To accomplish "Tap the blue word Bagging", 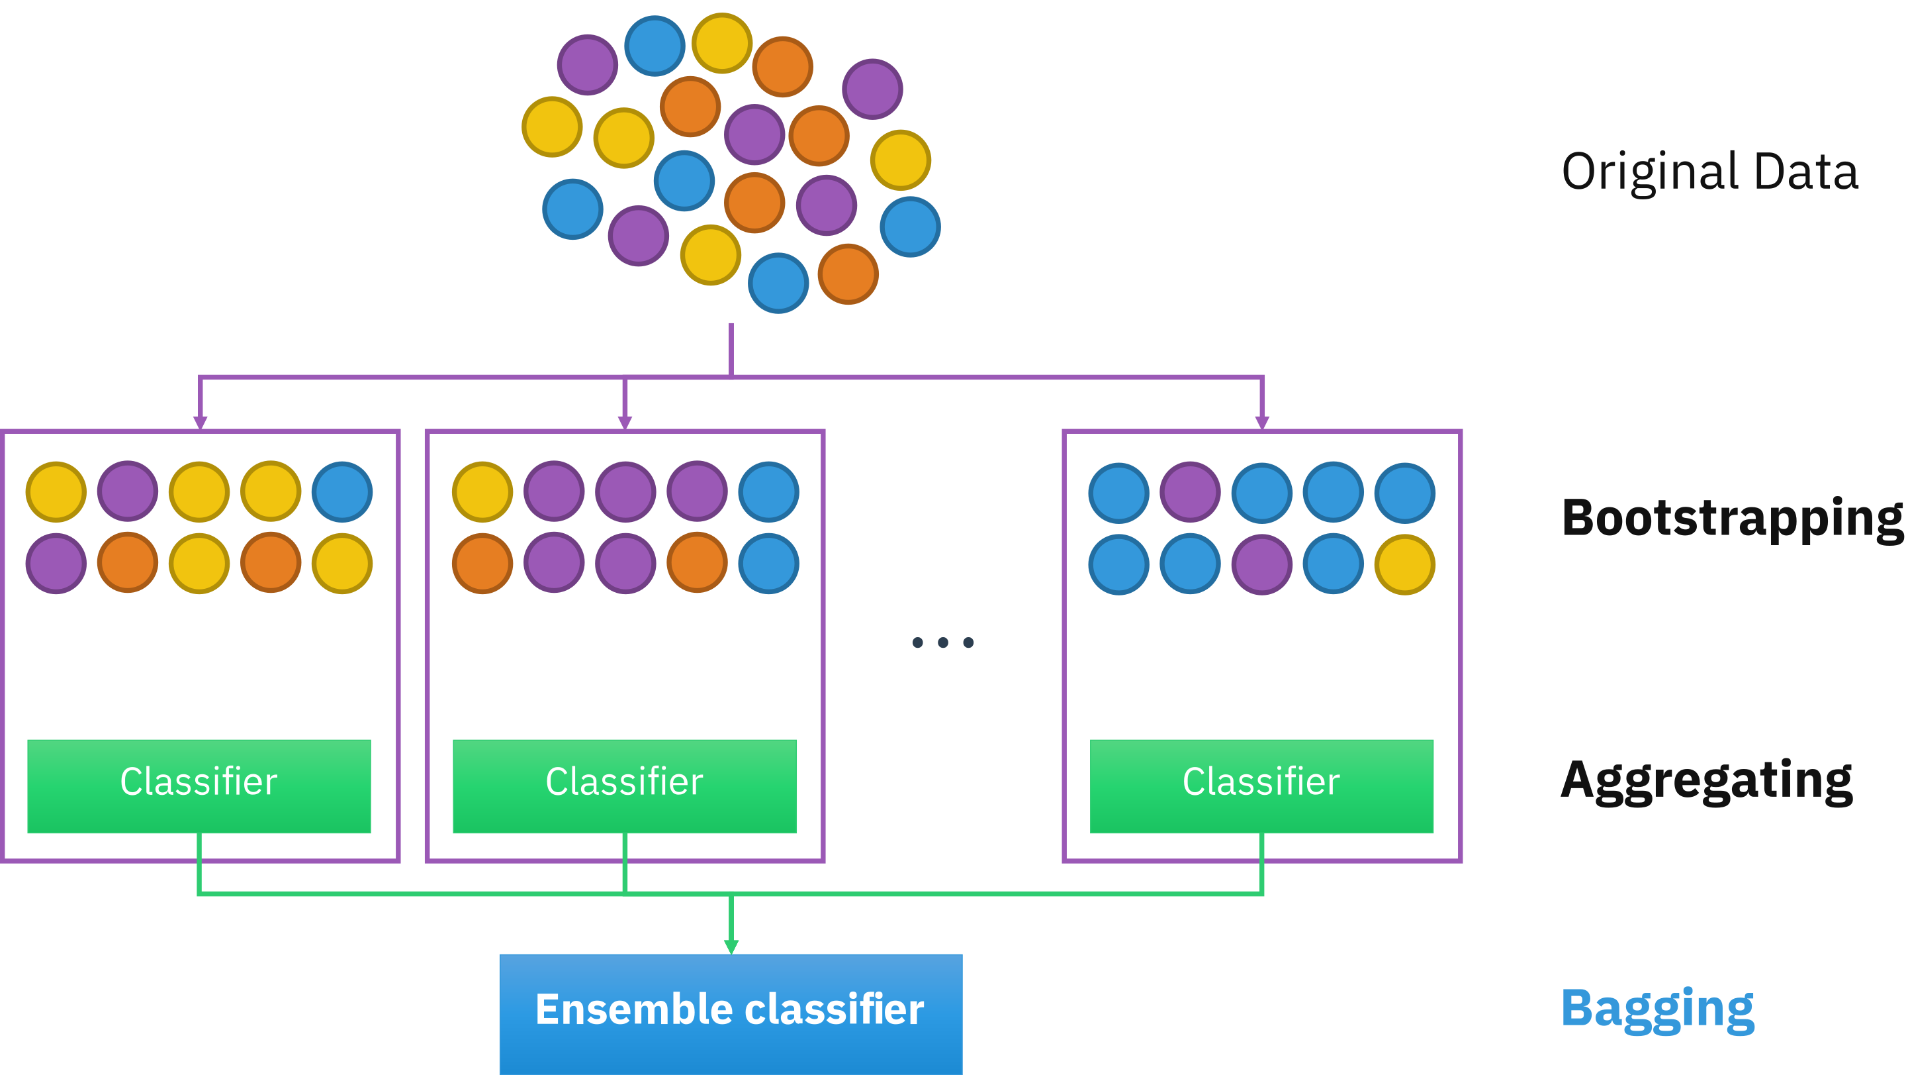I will (x=1657, y=1008).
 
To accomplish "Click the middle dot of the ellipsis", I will (x=942, y=642).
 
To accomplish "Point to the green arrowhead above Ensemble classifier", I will (x=731, y=947).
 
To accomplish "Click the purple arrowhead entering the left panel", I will (x=200, y=422).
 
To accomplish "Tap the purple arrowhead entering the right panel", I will (x=1262, y=422).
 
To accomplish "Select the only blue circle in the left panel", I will (x=342, y=491).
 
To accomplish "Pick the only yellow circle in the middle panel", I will (x=482, y=491).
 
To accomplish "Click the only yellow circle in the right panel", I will (x=1404, y=564).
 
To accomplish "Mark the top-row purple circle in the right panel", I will (x=1190, y=491).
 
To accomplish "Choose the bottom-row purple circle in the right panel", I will (x=1261, y=564).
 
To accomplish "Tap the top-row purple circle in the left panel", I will (x=127, y=491).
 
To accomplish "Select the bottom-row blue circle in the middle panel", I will (x=769, y=564).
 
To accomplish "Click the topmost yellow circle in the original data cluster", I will (x=722, y=43).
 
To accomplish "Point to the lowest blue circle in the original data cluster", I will (x=778, y=283).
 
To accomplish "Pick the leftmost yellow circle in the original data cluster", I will (x=552, y=127).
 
